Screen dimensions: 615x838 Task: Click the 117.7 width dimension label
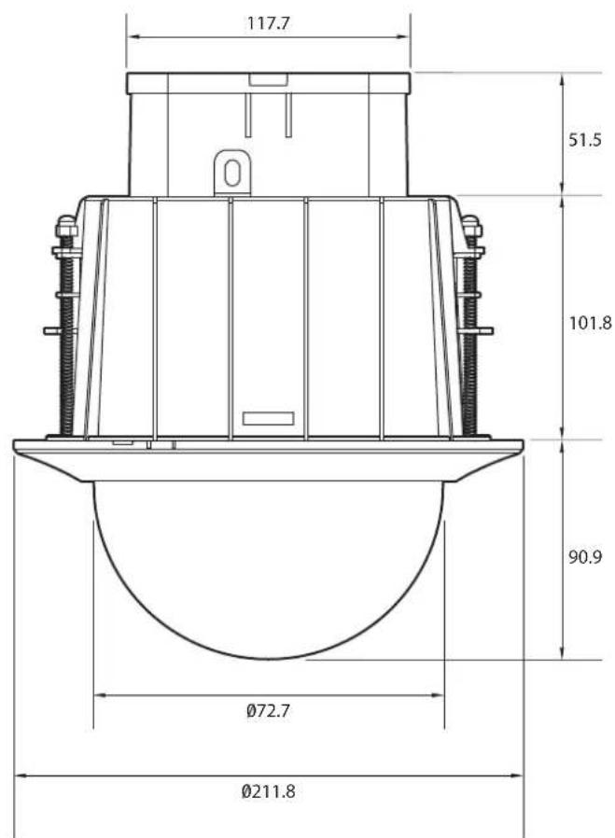point(268,23)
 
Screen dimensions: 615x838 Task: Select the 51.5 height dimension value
point(584,140)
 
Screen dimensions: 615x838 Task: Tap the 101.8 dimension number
point(590,323)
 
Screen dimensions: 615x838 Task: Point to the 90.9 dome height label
point(584,557)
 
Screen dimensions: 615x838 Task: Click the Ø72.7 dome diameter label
point(268,711)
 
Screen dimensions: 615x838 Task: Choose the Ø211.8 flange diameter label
point(268,791)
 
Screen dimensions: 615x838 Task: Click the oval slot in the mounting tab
point(231,173)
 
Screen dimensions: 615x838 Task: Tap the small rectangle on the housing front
point(268,418)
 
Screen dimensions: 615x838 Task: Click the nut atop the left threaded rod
point(66,227)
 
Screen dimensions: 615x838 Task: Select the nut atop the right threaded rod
point(471,227)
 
